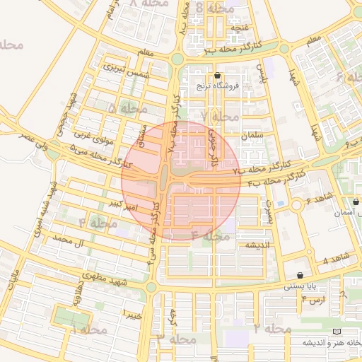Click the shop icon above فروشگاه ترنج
(217, 75)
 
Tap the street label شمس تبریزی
(127, 70)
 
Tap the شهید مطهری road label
(103, 278)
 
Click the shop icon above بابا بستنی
(303, 275)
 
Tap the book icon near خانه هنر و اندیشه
(337, 331)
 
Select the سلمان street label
(252, 135)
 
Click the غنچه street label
(241, 28)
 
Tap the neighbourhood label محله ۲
(271, 329)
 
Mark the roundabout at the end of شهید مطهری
(151, 286)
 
